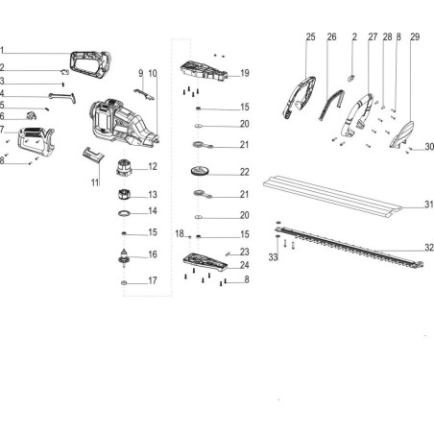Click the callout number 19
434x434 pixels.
[245, 73]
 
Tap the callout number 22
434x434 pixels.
[245, 172]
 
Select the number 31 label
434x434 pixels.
[429, 205]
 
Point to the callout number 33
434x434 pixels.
[273, 257]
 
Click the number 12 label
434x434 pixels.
[153, 166]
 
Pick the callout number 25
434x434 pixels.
[310, 37]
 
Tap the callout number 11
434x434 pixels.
[95, 182]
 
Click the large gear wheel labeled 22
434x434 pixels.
[200, 171]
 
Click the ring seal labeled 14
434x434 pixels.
[124, 213]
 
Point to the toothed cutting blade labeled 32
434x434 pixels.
[349, 247]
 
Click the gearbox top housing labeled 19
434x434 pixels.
[204, 71]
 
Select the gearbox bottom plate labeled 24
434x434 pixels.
[205, 261]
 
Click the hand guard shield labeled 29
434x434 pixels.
[402, 134]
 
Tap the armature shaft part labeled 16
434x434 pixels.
[124, 257]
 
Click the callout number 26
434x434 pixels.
[331, 37]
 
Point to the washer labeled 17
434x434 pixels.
[124, 283]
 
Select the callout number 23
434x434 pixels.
[245, 252]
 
